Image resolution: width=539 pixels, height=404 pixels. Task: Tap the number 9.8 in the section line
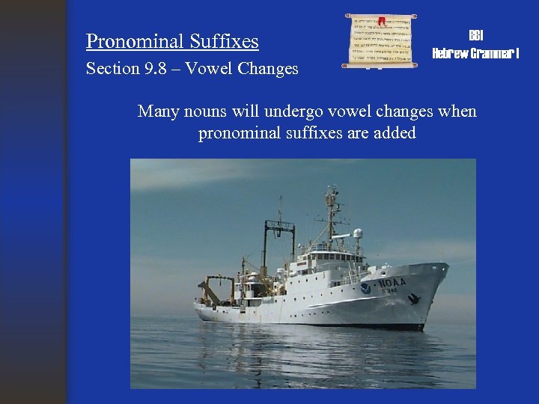(158, 69)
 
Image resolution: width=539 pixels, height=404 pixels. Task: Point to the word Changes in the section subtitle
(268, 69)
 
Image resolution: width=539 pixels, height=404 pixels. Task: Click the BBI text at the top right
(475, 36)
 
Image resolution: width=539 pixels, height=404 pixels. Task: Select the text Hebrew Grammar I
(475, 53)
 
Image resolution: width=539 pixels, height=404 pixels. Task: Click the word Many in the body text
(158, 111)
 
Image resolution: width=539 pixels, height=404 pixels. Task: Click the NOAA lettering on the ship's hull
(392, 283)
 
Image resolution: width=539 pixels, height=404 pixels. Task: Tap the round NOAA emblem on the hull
(365, 288)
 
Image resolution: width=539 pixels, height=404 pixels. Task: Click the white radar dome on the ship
(358, 233)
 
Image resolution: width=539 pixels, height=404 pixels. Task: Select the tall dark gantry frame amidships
(278, 243)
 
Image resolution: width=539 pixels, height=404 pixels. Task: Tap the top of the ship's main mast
(330, 192)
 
